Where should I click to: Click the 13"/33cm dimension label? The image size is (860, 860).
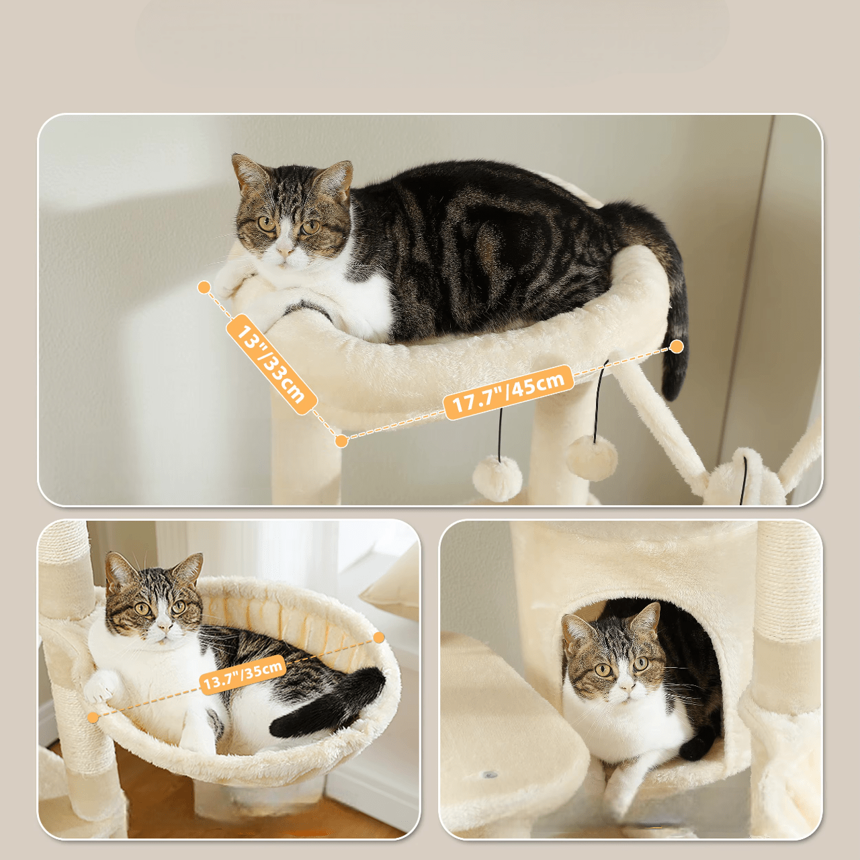coord(272,364)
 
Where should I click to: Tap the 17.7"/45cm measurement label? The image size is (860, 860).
coord(509,392)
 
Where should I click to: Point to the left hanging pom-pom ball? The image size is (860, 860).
coord(497,478)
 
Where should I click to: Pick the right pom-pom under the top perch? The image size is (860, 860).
coord(592,458)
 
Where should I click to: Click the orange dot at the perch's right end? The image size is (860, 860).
coord(677,346)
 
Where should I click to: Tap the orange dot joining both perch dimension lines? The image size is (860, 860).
coord(341,441)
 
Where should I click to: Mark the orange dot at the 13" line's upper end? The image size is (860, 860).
coord(204,288)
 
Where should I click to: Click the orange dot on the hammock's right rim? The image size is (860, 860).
coord(379,638)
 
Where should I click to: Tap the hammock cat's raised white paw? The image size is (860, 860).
coord(101,696)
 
